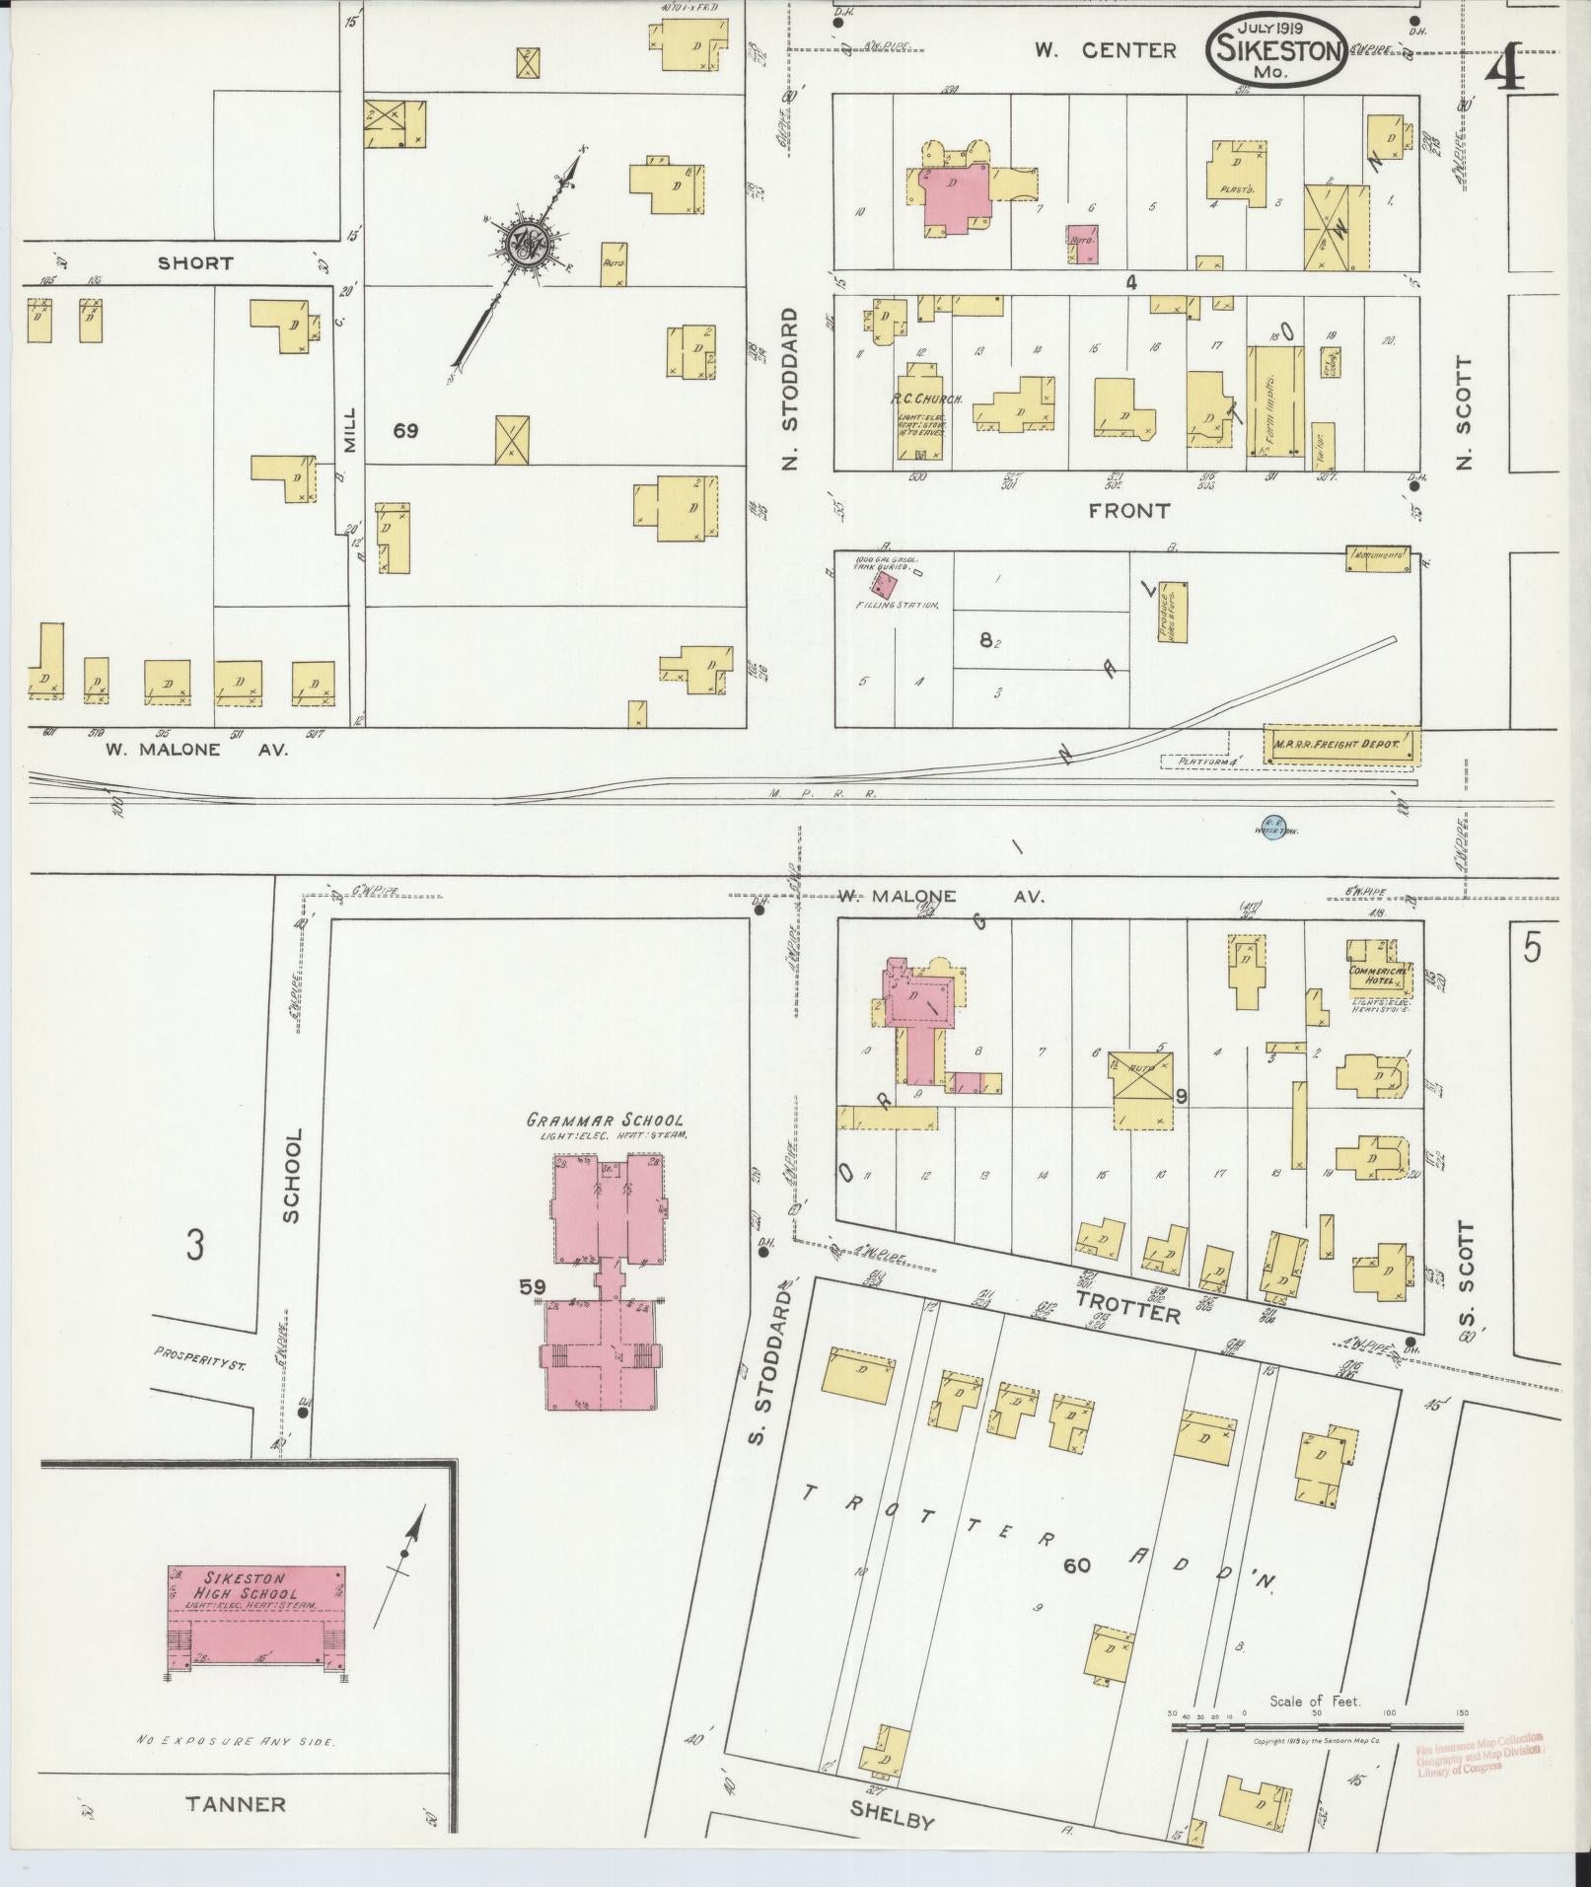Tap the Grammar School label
[604, 1121]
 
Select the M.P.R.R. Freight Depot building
[1342, 744]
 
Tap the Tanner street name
[236, 1804]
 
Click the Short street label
[195, 263]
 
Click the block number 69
[404, 431]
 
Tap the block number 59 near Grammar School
[532, 1286]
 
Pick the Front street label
[1128, 510]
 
